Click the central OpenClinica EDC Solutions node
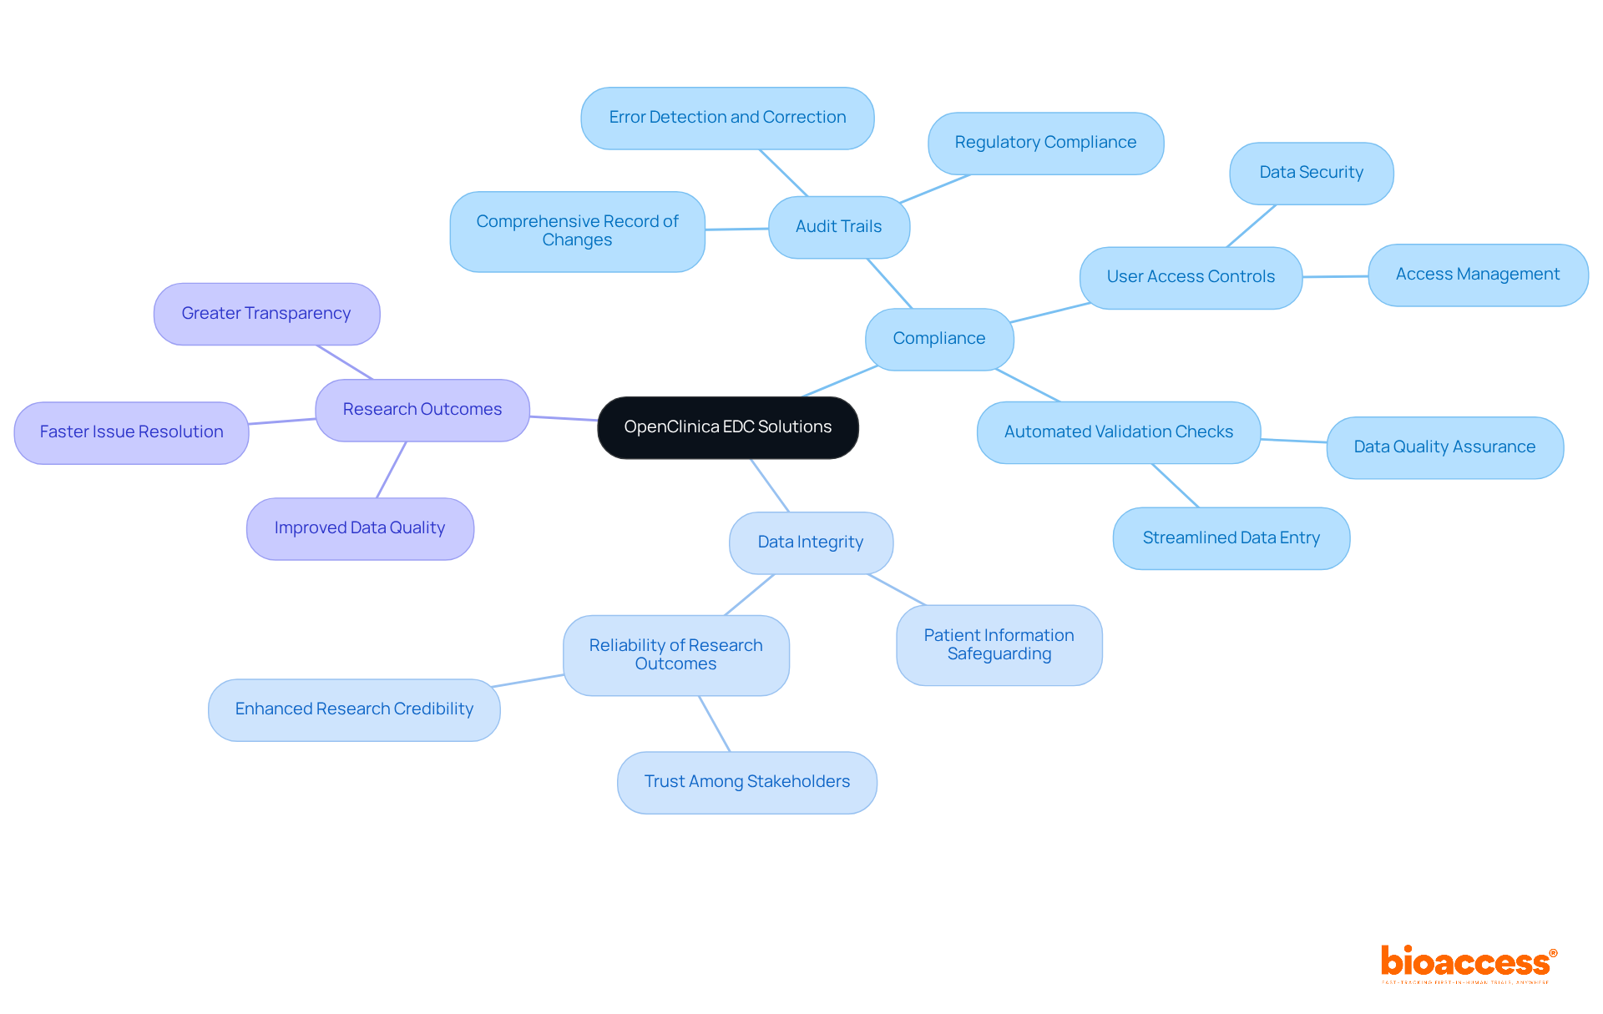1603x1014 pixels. [727, 427]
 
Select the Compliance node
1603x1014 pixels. [938, 339]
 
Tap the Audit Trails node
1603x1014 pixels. [838, 227]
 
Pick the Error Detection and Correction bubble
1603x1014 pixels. [727, 118]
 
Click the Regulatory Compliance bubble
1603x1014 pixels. [1045, 143]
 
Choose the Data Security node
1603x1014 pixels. [1311, 173]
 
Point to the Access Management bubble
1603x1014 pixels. [1477, 275]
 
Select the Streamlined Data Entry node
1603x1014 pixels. [1231, 538]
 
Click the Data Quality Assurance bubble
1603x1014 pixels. [1444, 447]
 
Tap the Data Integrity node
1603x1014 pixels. [811, 542]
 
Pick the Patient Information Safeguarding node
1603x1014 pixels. [999, 645]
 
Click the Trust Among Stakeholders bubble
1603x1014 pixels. [746, 782]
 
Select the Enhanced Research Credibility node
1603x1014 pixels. [354, 709]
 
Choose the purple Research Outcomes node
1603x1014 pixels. [422, 410]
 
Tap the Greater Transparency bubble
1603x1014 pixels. [266, 314]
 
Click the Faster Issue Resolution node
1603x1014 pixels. [131, 432]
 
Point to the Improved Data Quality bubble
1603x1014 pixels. [360, 528]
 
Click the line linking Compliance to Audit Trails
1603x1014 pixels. [890, 284]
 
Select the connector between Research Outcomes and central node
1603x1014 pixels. [564, 418]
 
